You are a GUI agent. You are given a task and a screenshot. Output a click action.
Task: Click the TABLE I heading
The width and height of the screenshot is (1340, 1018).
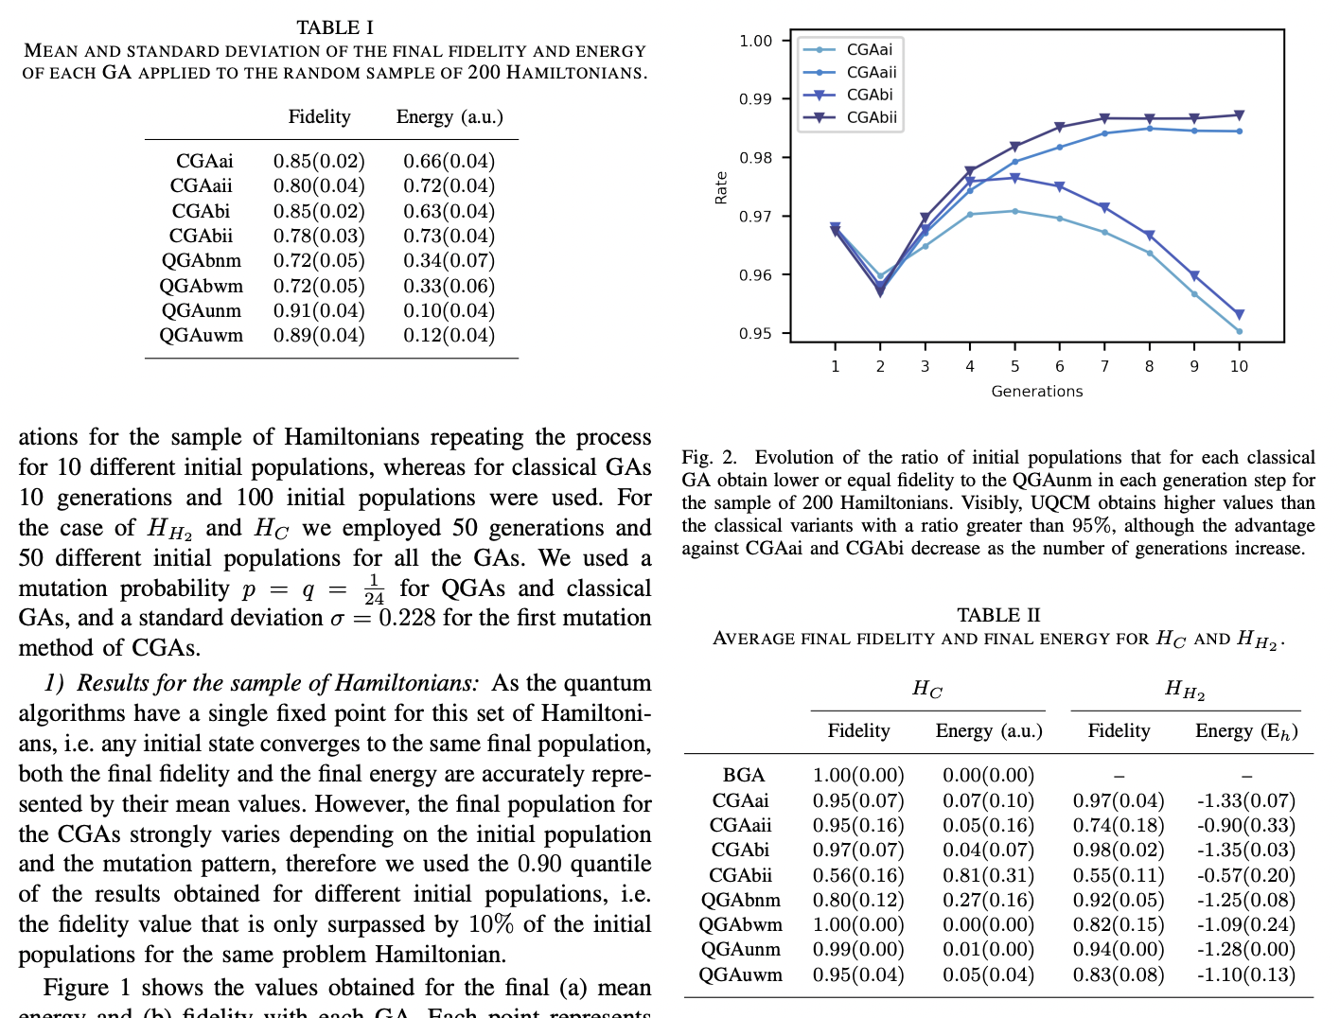(334, 27)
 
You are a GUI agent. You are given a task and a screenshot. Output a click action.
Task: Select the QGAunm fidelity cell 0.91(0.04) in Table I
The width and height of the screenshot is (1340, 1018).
(319, 310)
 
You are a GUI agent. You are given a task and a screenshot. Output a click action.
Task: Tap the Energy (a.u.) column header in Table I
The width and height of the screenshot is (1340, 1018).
(450, 116)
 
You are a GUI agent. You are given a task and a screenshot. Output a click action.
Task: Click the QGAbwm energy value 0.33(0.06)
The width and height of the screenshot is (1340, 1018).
(449, 286)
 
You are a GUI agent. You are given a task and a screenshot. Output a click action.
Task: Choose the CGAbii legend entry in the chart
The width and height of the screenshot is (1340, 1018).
(871, 117)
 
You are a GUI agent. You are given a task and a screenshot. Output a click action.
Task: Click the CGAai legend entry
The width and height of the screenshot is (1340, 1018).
(869, 49)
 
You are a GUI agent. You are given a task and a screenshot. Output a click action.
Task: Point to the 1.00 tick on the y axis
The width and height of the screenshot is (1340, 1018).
(755, 41)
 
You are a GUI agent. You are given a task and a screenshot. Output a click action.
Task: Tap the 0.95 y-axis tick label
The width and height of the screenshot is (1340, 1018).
(755, 333)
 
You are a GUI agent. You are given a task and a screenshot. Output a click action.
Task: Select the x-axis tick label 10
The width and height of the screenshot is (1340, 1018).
(1239, 366)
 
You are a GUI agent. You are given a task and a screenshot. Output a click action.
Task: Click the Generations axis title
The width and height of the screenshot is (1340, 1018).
(1036, 391)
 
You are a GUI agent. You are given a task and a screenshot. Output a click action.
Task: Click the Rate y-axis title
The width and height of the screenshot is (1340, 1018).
(721, 187)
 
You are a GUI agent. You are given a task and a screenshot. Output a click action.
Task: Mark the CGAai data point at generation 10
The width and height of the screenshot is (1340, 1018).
(1239, 331)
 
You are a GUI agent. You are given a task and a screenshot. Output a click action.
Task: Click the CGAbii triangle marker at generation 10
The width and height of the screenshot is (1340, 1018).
(1239, 115)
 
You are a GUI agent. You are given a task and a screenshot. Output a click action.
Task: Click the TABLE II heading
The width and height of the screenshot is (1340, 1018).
(998, 615)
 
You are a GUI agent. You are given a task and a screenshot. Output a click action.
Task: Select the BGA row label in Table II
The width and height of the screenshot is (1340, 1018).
(743, 776)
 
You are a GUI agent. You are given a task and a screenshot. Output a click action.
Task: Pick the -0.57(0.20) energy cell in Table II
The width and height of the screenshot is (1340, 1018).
(1245, 875)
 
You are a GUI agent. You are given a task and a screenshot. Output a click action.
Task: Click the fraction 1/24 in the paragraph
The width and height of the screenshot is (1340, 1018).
(374, 588)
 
